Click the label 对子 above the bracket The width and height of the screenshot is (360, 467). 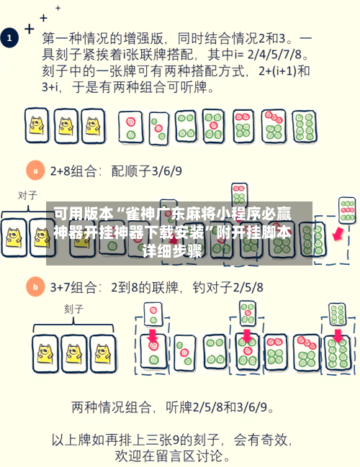pos(27,195)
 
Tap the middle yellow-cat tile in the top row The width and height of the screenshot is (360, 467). pos(66,127)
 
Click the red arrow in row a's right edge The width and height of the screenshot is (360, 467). pos(336,234)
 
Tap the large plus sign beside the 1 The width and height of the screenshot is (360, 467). pos(30,30)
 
